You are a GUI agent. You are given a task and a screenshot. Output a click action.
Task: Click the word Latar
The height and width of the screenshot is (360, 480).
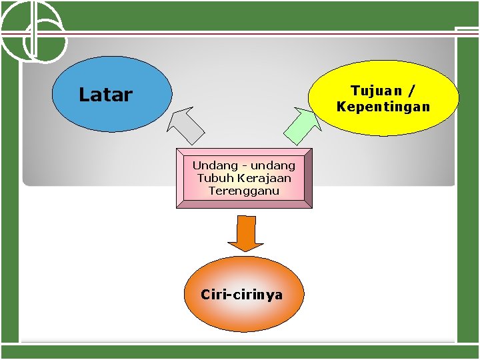105,95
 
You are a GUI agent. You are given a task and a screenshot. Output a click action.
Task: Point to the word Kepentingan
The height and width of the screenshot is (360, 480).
383,107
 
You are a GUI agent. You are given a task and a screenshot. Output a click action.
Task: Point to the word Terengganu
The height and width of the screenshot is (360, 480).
244,191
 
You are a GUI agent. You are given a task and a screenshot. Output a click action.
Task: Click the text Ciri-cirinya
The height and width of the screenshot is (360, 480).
241,294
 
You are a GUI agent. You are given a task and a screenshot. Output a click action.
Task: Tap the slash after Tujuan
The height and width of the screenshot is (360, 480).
413,90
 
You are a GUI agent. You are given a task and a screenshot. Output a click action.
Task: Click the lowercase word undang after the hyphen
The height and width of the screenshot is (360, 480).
273,165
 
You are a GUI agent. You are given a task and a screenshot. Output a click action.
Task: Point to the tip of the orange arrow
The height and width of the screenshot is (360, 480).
246,251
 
